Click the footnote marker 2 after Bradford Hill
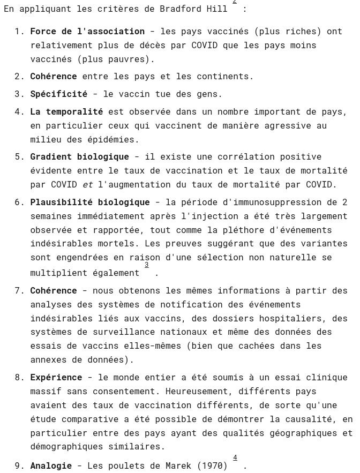(x=235, y=2)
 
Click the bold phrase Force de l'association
(x=87, y=32)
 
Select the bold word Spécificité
(x=58, y=94)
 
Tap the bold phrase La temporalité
(x=66, y=112)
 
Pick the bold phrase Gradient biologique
(x=79, y=157)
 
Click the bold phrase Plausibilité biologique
(x=90, y=202)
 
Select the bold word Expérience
(x=56, y=378)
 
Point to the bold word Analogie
(x=51, y=466)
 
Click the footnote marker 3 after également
(x=146, y=265)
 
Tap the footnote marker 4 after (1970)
(x=235, y=458)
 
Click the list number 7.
(x=19, y=291)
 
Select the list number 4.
(x=19, y=112)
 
